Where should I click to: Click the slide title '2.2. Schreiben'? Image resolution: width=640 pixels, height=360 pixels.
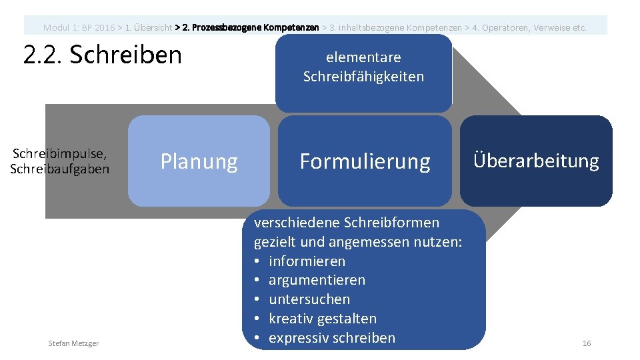click(x=103, y=55)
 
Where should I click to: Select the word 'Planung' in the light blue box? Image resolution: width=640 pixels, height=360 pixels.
click(x=199, y=161)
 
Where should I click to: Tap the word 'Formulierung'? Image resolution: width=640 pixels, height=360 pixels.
click(x=365, y=161)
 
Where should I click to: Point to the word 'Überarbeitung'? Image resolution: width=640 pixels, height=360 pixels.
click(x=536, y=161)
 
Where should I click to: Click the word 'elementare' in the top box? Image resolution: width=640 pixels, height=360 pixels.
click(x=363, y=57)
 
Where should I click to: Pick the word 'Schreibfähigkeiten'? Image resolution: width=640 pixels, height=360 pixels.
click(x=363, y=77)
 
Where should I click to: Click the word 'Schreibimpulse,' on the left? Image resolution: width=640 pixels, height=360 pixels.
click(x=60, y=154)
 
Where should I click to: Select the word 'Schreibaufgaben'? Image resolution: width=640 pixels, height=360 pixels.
click(x=60, y=169)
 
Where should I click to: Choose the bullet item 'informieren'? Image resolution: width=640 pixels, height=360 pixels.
click(x=307, y=261)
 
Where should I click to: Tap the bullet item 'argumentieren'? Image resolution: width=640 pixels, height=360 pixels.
click(x=317, y=280)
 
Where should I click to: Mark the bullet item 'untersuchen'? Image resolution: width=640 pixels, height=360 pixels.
click(x=309, y=299)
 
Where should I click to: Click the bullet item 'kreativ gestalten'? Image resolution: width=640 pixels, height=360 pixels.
click(x=322, y=319)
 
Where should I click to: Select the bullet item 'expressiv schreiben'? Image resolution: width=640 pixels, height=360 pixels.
click(x=331, y=338)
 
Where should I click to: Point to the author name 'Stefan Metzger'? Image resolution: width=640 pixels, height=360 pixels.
click(x=73, y=343)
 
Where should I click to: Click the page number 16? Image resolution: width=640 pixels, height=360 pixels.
click(x=587, y=343)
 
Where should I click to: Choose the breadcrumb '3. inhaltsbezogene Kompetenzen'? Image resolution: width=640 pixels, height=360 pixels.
click(x=393, y=28)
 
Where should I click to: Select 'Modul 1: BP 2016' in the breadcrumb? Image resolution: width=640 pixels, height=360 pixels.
click(x=79, y=28)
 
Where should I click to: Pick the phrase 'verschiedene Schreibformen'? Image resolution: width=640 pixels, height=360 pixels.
click(x=346, y=222)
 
